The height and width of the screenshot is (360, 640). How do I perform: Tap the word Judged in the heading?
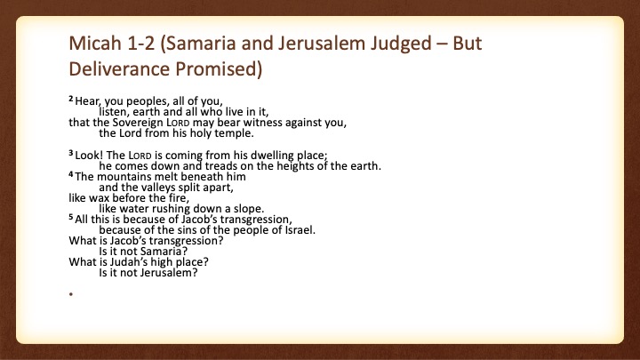401,44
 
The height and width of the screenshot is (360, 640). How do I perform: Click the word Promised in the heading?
219,69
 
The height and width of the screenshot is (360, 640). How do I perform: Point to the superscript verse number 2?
71,99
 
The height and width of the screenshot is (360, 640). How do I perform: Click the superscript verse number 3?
71,153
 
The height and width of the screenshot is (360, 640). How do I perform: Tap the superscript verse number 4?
71,174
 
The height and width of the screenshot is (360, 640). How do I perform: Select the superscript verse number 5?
71,217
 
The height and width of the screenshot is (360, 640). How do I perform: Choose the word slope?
249,209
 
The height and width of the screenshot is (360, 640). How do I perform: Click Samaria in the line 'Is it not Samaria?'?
164,252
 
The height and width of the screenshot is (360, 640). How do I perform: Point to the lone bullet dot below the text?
71,294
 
